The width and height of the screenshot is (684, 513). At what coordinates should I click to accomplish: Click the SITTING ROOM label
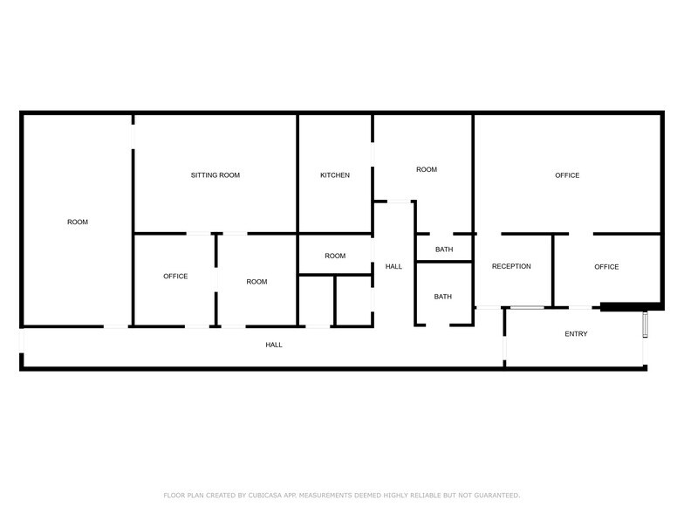click(x=215, y=174)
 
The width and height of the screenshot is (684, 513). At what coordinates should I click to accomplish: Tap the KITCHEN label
click(x=335, y=174)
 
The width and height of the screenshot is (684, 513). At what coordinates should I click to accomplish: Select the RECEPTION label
click(x=511, y=266)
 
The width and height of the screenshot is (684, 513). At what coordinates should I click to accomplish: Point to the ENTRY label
click(x=576, y=333)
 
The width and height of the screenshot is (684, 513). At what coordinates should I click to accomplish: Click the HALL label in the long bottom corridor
click(x=274, y=345)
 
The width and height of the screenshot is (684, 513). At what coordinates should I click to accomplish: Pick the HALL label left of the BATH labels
click(x=393, y=266)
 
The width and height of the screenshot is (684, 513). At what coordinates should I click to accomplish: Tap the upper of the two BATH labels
click(x=444, y=250)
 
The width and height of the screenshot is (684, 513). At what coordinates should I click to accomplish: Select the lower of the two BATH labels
click(x=443, y=297)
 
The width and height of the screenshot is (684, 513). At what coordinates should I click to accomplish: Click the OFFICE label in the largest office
click(x=567, y=174)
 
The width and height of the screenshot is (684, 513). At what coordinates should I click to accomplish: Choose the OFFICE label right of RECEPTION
click(x=606, y=267)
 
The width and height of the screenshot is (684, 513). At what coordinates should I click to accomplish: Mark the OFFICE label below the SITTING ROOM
click(x=175, y=276)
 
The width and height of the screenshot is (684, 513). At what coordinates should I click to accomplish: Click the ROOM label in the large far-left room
click(x=78, y=222)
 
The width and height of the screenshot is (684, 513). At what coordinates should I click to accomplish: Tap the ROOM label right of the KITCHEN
click(x=426, y=169)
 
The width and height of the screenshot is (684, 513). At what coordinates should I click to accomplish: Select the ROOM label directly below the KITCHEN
click(x=335, y=256)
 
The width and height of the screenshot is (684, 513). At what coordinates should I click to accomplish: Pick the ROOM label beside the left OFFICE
click(x=256, y=281)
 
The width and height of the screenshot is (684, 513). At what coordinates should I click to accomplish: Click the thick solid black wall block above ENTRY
click(x=632, y=306)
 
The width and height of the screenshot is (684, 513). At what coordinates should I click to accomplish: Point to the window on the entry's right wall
click(x=646, y=325)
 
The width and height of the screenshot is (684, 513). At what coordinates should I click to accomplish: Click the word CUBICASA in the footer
click(x=265, y=496)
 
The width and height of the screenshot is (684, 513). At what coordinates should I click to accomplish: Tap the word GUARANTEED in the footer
click(x=497, y=496)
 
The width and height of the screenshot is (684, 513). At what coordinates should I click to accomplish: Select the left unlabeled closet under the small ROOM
click(x=316, y=300)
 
